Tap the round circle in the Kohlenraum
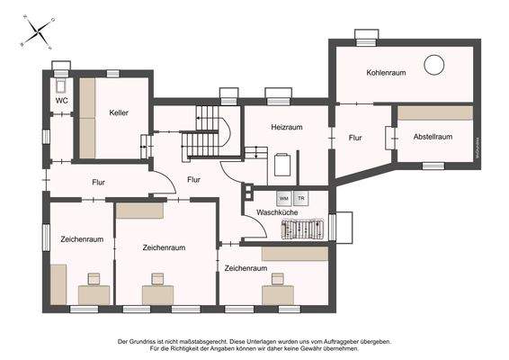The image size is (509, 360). [434, 64]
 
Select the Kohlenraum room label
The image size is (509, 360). [386, 71]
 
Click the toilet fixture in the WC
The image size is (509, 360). [61, 84]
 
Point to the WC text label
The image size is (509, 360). [61, 101]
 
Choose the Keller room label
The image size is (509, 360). [119, 114]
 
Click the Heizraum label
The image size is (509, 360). [288, 129]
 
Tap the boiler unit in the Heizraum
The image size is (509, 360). [283, 166]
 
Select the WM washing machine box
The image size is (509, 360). [283, 196]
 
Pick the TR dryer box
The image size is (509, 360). [300, 196]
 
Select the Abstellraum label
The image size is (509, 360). [434, 137]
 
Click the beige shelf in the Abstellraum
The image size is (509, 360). [435, 112]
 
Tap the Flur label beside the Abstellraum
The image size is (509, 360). [355, 138]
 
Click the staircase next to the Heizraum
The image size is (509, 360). [207, 130]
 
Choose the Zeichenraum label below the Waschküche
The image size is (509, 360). [246, 268]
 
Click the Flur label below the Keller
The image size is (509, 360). [98, 183]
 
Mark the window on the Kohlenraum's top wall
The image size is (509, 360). [365, 36]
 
